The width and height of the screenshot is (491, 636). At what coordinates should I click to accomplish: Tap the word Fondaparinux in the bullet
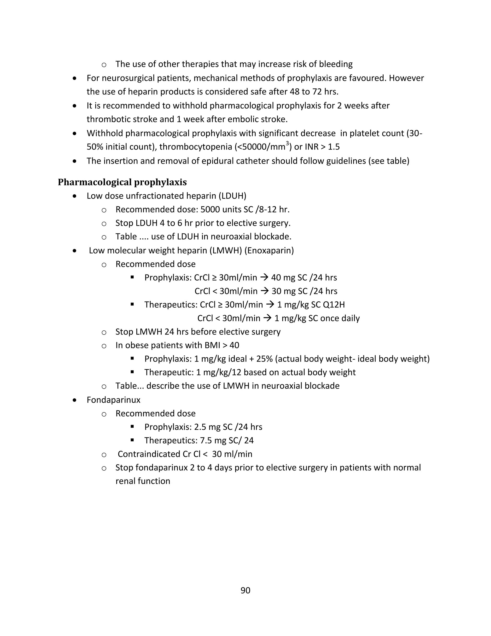click(x=113, y=400)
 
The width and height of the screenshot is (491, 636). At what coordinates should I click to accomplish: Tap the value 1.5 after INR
click(x=334, y=147)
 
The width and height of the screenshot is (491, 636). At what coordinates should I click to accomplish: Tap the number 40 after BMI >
click(x=234, y=345)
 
